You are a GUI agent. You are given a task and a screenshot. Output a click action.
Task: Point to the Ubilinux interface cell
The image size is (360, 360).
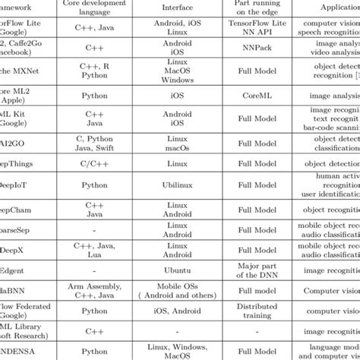click(176, 184)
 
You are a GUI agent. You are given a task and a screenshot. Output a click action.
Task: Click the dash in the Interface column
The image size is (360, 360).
click(176, 331)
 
